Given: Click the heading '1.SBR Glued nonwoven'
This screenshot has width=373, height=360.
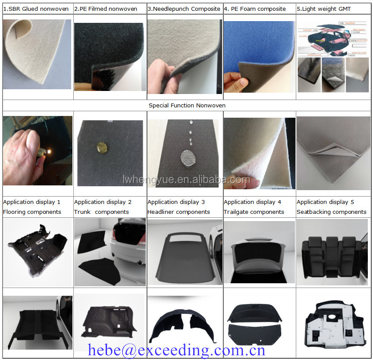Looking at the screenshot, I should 36,9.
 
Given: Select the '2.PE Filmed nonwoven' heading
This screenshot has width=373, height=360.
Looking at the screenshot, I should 106,9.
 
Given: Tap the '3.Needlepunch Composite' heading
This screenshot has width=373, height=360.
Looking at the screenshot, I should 184,9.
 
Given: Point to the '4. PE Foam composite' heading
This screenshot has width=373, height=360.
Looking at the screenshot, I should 255,9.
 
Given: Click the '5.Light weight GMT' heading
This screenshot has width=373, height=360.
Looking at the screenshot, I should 324,9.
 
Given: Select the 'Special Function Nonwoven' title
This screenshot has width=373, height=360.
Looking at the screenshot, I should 187,105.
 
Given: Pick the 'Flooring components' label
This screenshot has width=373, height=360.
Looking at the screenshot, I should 32,212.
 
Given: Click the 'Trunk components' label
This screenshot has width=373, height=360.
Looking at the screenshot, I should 101,212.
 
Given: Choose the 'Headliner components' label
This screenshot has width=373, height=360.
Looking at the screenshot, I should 179,212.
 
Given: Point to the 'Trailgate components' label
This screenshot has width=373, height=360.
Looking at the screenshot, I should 254,212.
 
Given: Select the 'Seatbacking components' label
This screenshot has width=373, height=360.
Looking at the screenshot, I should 331,212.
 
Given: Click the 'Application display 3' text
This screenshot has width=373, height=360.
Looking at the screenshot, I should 176,202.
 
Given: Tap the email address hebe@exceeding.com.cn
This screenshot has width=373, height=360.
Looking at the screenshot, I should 176,350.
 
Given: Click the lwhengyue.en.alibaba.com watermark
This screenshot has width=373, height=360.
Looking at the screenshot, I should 198,179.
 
